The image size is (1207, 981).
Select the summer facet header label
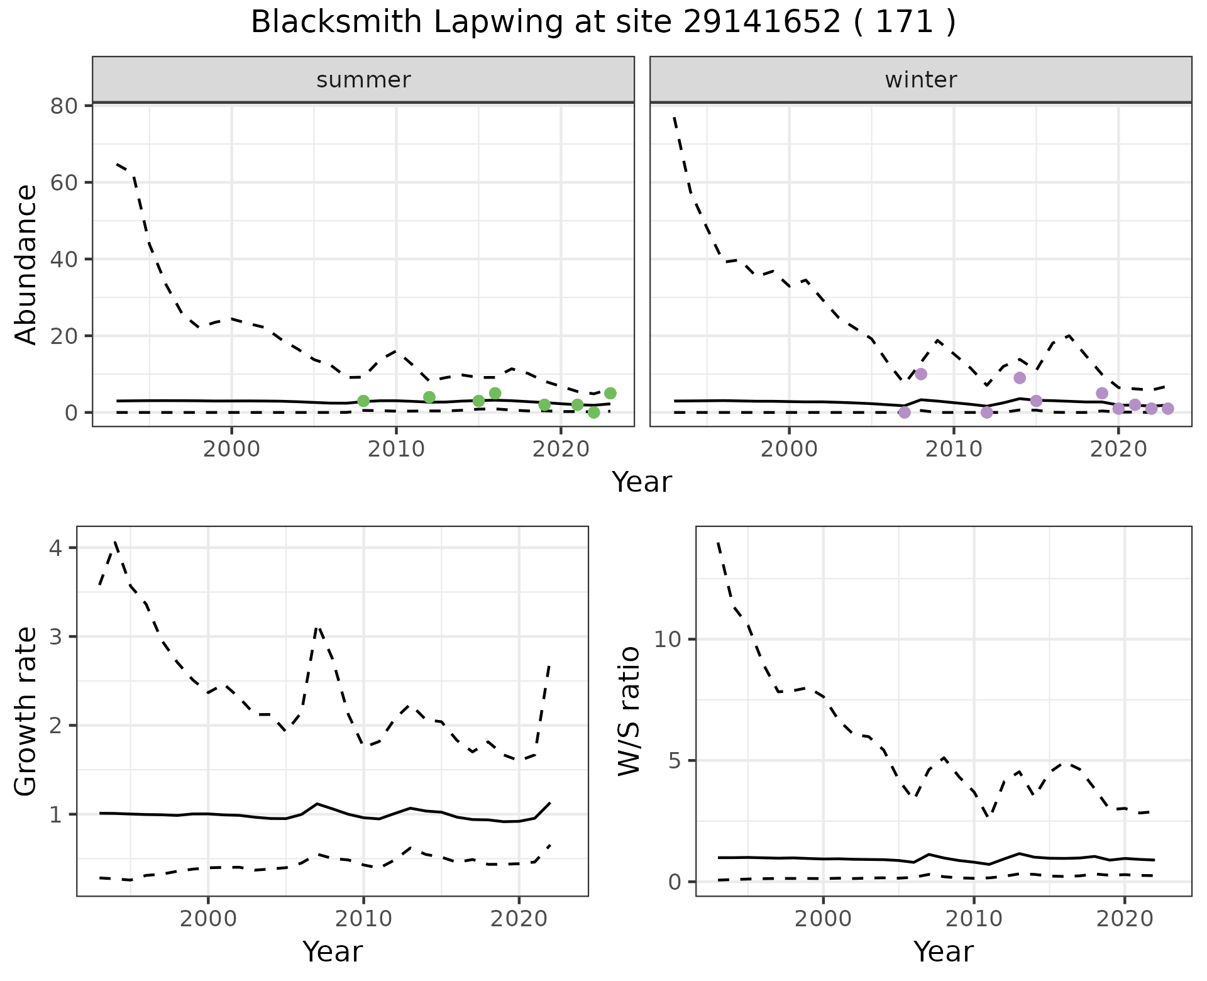pyautogui.click(x=363, y=80)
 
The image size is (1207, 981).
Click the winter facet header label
pyautogui.click(x=921, y=80)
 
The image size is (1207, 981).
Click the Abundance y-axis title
pyautogui.click(x=26, y=265)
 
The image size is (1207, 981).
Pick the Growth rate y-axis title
pyautogui.click(x=26, y=711)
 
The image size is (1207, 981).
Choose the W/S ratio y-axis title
pyautogui.click(x=629, y=711)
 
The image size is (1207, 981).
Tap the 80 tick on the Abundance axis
pyautogui.click(x=63, y=106)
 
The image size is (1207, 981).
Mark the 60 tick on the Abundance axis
pyautogui.click(x=63, y=182)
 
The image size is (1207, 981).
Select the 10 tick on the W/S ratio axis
pyautogui.click(x=668, y=640)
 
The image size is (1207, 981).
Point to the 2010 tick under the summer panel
pyautogui.click(x=396, y=450)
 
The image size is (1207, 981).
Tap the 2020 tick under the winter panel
pyautogui.click(x=1118, y=450)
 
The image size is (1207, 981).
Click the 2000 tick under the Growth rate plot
pyautogui.click(x=208, y=919)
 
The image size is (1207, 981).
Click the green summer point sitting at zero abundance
pyautogui.click(x=593, y=413)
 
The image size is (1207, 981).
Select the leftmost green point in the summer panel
pyautogui.click(x=363, y=401)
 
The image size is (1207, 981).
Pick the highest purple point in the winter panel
pyautogui.click(x=921, y=374)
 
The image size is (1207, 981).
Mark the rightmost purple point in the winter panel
pyautogui.click(x=1167, y=409)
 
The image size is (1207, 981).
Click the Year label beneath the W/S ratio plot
pyautogui.click(x=944, y=951)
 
